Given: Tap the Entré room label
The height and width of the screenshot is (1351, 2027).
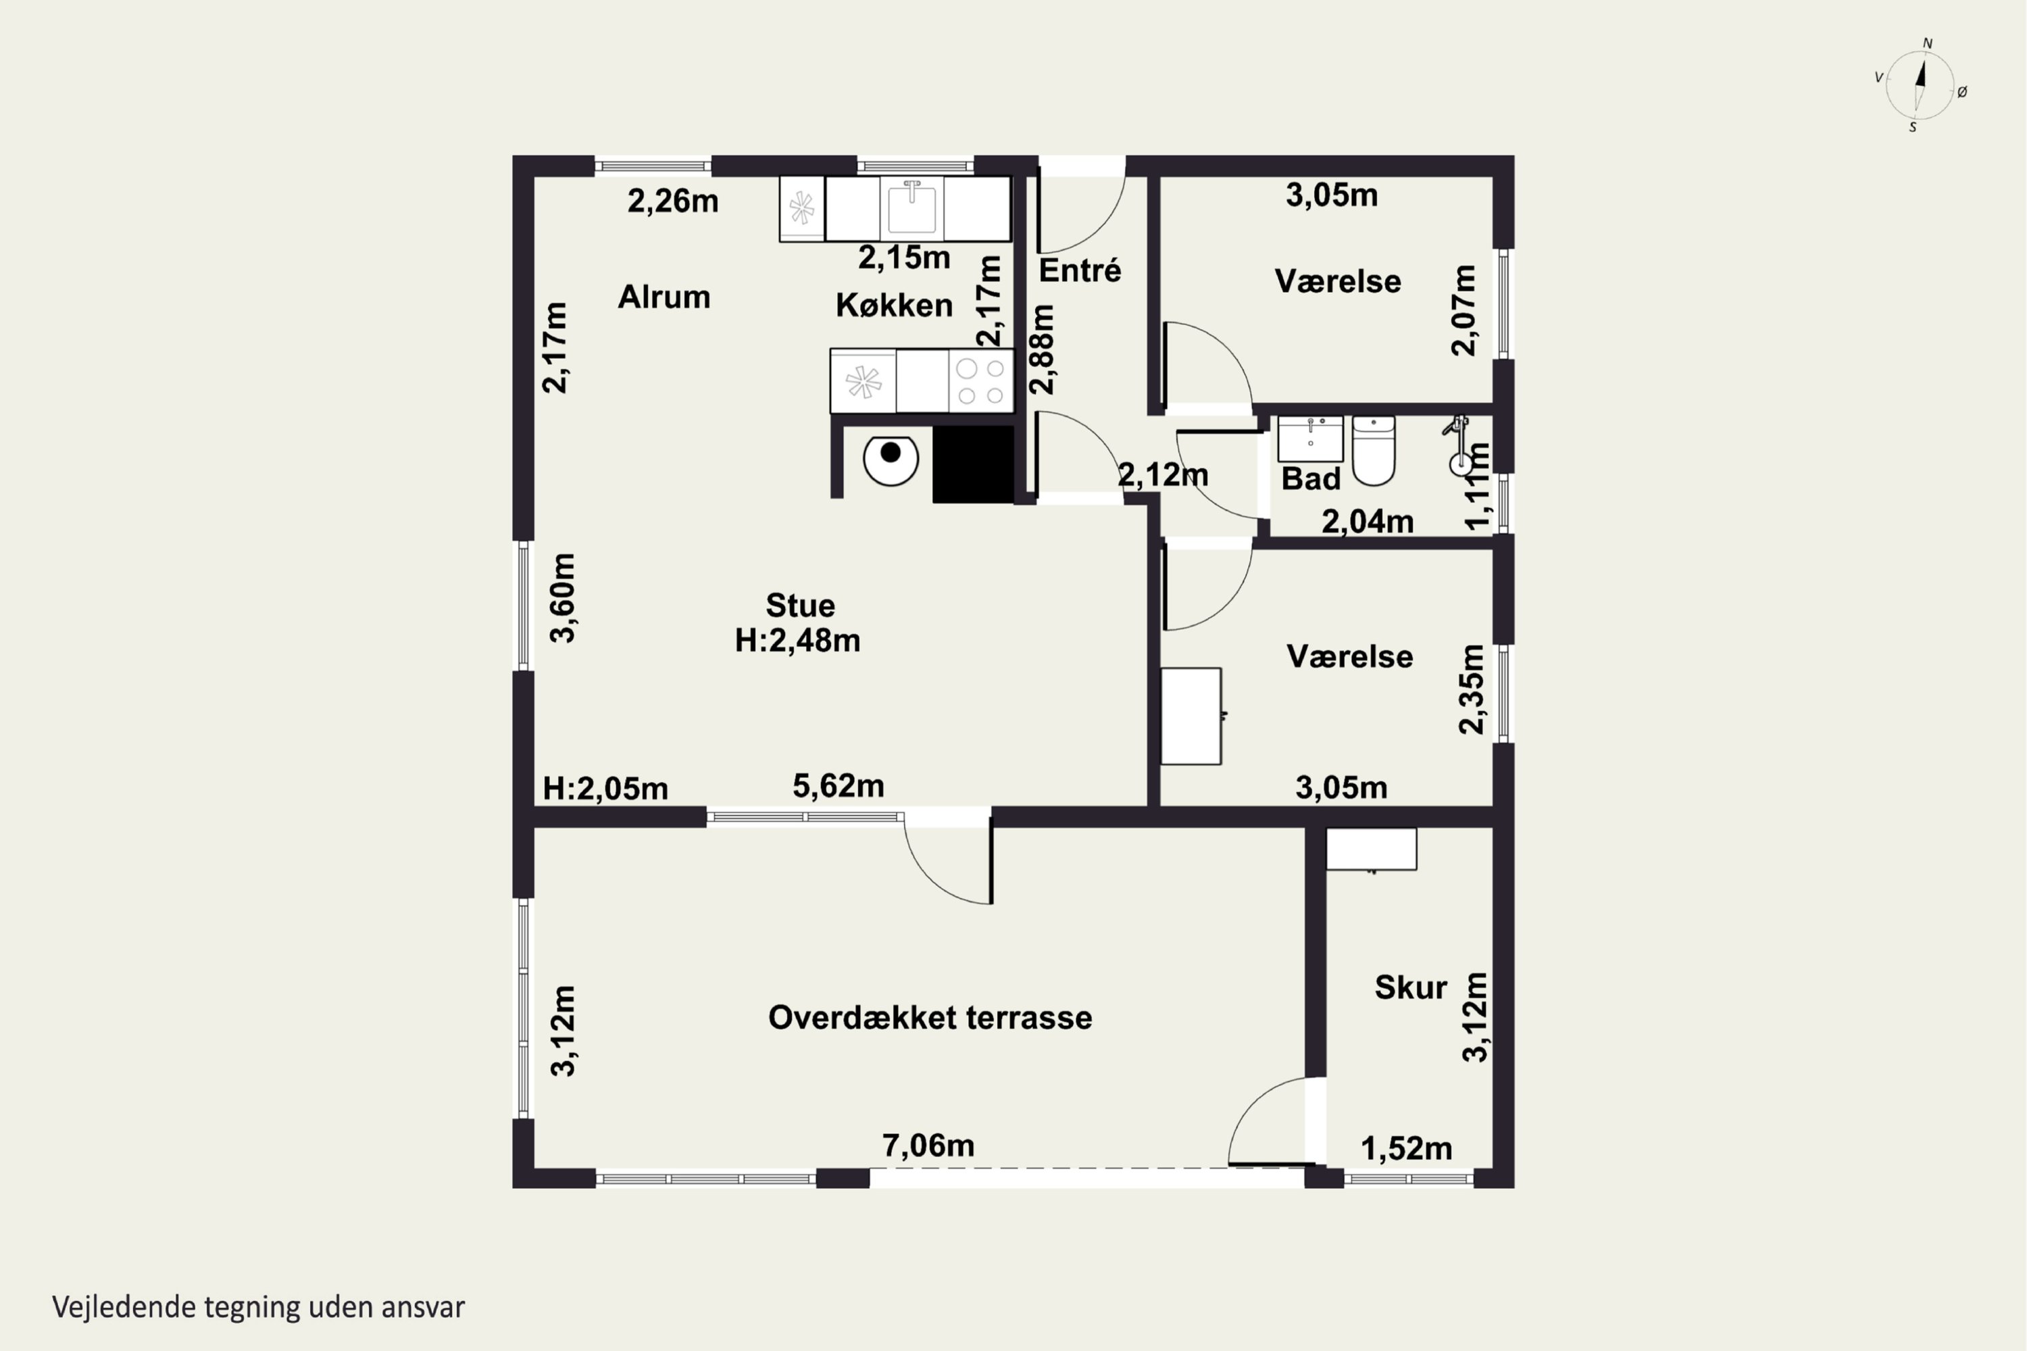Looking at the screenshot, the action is (x=1080, y=270).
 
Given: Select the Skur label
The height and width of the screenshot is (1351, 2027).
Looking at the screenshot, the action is (x=1410, y=987).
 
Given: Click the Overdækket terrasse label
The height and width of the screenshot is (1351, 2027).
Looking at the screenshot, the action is (x=930, y=1018).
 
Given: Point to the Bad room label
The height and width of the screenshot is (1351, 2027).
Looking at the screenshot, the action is (x=1310, y=479).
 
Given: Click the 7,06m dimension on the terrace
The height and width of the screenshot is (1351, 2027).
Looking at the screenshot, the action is (x=928, y=1145).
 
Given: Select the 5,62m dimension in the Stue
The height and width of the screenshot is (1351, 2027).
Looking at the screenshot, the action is (x=839, y=786).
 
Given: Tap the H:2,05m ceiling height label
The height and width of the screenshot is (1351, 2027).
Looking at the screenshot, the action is (x=605, y=789).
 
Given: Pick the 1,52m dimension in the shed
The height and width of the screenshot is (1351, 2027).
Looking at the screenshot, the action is (x=1406, y=1148).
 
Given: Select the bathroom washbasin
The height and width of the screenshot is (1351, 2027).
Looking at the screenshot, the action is (x=1309, y=439).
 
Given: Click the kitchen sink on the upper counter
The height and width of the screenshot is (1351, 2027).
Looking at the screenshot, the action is (x=911, y=209).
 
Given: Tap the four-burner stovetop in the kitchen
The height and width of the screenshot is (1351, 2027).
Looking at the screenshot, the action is (x=980, y=380).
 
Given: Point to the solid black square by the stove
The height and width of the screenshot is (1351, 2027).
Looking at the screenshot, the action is (x=974, y=464).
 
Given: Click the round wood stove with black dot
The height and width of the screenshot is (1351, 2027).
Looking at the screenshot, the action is (x=891, y=460).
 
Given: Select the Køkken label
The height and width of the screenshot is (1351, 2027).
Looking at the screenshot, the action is (x=894, y=305).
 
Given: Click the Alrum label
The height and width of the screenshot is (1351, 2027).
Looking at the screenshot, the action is (x=664, y=297).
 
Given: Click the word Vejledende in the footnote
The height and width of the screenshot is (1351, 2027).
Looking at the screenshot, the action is (x=124, y=1307).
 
